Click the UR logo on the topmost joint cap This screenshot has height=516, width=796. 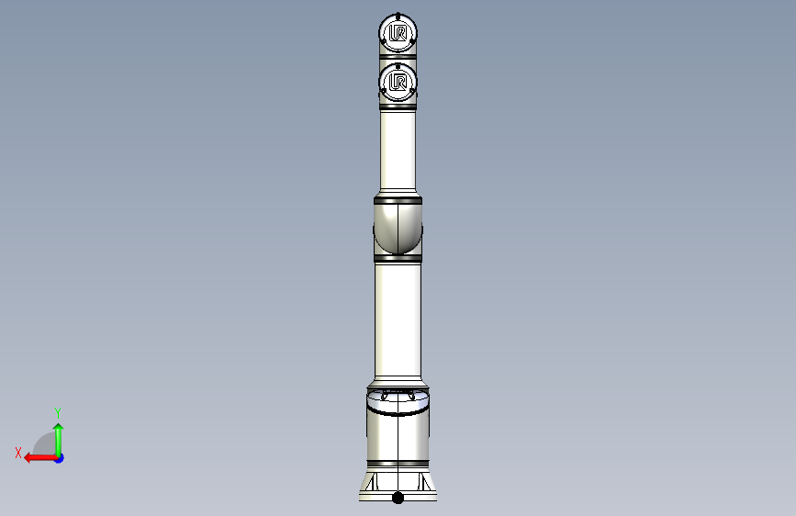coord(398,34)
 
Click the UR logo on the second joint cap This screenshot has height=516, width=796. coord(398,83)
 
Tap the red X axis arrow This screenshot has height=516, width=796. coord(38,456)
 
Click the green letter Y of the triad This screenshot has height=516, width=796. coord(58,412)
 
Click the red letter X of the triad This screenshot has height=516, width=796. coord(17,452)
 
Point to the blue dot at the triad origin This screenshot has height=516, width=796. coord(59,457)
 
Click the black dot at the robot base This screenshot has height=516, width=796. coord(398,498)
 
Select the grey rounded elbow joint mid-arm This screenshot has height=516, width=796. coord(398,228)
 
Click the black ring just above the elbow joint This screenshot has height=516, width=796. coord(398,198)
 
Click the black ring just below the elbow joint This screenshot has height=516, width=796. coord(398,259)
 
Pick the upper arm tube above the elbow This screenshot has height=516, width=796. coord(398,151)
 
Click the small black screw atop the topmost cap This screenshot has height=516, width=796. coord(398,15)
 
